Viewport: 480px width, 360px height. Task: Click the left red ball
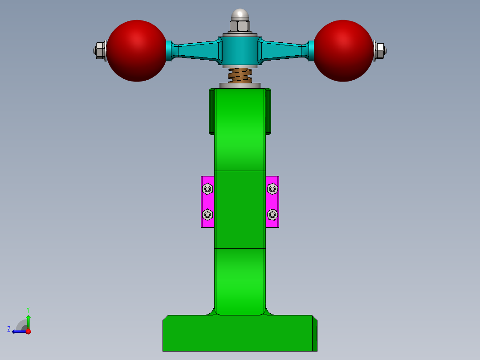pyautogui.click(x=137, y=51)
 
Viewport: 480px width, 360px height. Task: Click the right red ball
pyautogui.click(x=343, y=51)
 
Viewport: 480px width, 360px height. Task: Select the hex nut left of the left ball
pyautogui.click(x=100, y=51)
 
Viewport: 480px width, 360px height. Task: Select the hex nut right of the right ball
pyautogui.click(x=379, y=51)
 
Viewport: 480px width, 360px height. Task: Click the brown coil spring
pyautogui.click(x=240, y=75)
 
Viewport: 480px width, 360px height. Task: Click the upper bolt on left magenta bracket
pyautogui.click(x=207, y=189)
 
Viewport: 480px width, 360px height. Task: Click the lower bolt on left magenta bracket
pyautogui.click(x=207, y=215)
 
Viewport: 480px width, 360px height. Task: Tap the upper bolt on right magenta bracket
pyautogui.click(x=273, y=189)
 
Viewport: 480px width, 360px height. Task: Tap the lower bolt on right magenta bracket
pyautogui.click(x=273, y=215)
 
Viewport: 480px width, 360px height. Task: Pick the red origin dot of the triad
pyautogui.click(x=28, y=331)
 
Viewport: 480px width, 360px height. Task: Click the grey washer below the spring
pyautogui.click(x=240, y=86)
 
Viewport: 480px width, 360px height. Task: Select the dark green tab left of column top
pyautogui.click(x=212, y=111)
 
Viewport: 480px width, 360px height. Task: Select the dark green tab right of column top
pyautogui.click(x=268, y=111)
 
